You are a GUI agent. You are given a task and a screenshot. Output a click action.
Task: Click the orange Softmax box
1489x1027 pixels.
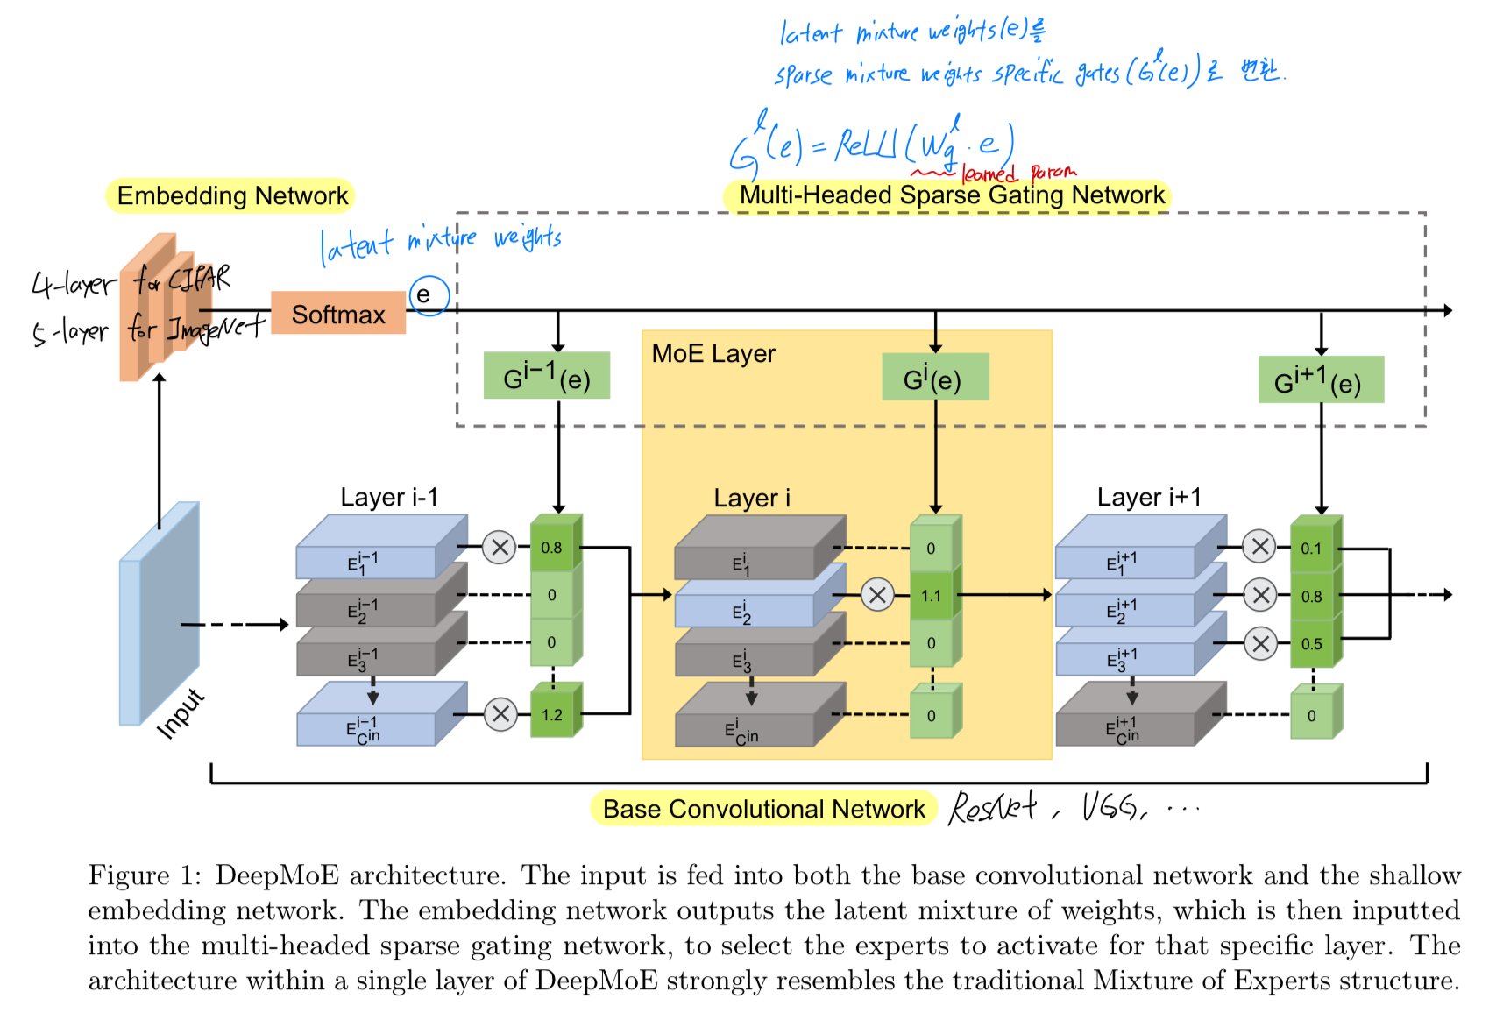[x=338, y=314]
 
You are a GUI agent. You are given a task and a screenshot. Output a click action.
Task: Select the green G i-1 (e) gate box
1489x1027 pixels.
[x=547, y=377]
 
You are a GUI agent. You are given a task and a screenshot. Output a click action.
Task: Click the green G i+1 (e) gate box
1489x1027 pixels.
[x=1320, y=380]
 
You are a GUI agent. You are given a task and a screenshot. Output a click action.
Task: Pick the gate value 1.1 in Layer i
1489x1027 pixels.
[x=931, y=596]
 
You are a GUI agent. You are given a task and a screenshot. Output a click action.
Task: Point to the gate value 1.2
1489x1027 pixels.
[x=552, y=714]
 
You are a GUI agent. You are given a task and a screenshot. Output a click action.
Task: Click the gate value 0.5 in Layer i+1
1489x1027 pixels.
[x=1311, y=644]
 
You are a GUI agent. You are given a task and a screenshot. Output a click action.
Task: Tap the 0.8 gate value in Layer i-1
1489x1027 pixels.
[x=551, y=548]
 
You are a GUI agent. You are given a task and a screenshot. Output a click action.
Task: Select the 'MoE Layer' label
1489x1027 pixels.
[x=713, y=353]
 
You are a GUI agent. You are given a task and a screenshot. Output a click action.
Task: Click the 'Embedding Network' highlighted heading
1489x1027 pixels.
[x=232, y=195]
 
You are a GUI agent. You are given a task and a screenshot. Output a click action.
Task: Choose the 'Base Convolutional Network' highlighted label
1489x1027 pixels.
[x=763, y=809]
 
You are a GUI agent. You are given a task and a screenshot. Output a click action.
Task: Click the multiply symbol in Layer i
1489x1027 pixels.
[x=876, y=595]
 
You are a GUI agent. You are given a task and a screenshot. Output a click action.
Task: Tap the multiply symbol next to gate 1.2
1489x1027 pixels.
[x=500, y=714]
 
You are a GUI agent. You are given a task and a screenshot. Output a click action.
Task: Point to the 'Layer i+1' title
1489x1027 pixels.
[x=1148, y=498]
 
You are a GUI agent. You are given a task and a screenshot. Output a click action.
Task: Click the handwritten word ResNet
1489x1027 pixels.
[x=993, y=806]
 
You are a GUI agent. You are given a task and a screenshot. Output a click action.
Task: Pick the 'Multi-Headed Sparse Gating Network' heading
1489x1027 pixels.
[x=952, y=195]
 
